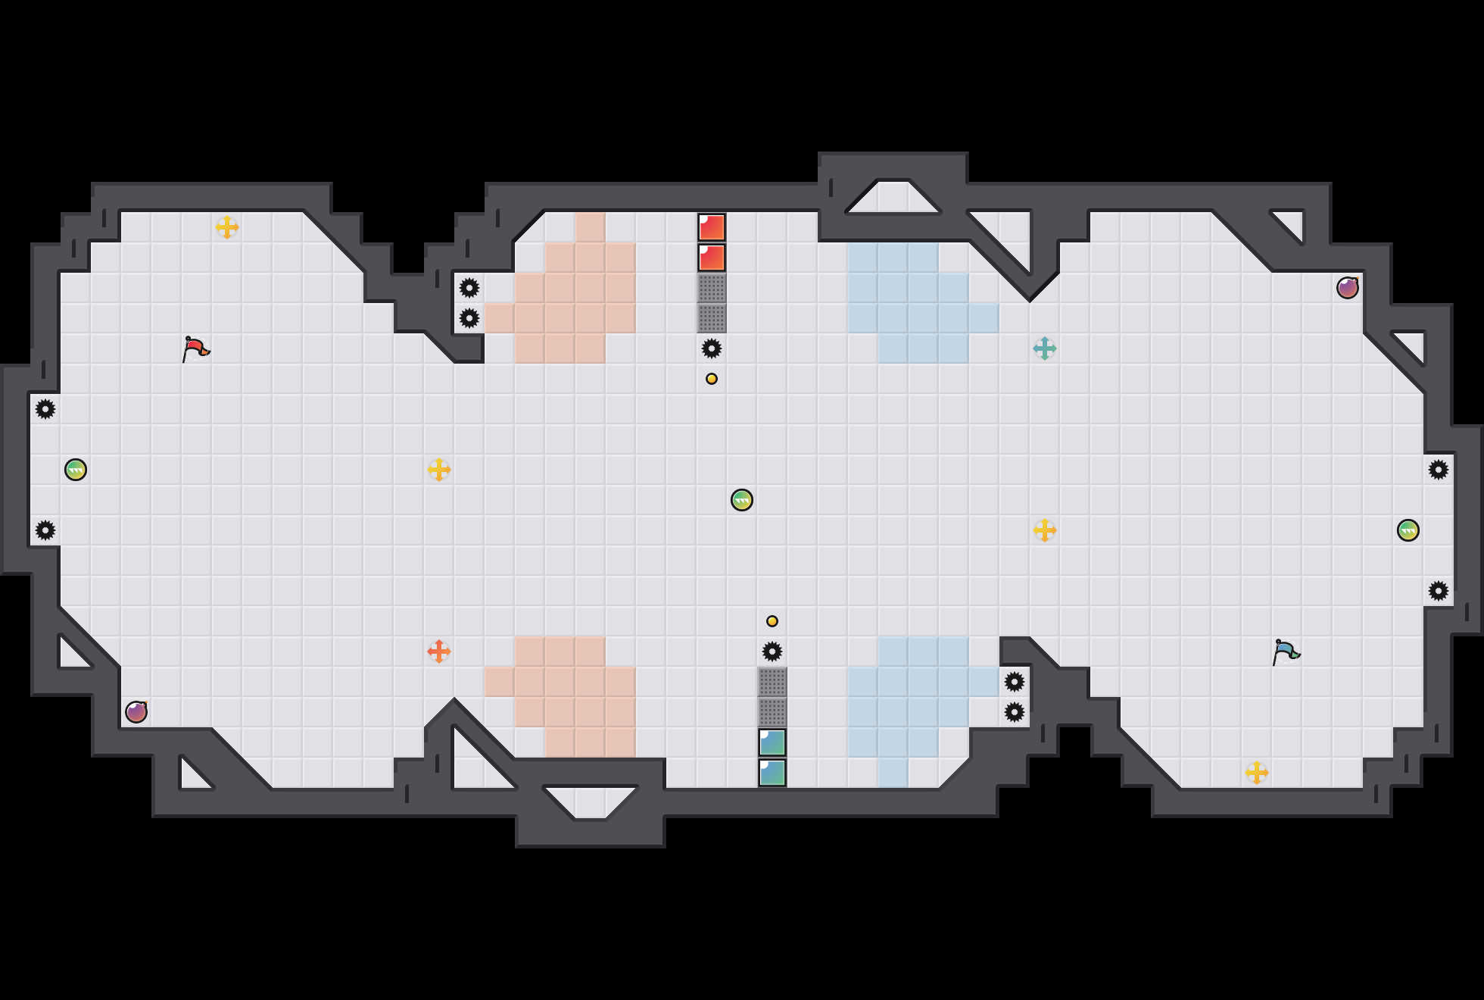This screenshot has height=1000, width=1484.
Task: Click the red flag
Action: click(195, 348)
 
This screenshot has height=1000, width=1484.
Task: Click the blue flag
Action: click(1286, 652)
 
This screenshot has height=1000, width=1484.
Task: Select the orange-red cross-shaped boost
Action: click(439, 652)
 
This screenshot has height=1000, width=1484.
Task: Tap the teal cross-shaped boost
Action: click(1045, 348)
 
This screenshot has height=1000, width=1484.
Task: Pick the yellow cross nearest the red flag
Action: click(227, 227)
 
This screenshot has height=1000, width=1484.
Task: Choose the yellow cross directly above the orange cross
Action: click(439, 470)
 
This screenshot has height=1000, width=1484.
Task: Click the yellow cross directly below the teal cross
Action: click(1045, 530)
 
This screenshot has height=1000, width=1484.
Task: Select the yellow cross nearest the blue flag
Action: click(1257, 773)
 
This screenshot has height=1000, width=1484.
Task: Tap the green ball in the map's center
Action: click(742, 500)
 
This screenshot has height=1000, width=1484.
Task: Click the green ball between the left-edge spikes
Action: click(76, 470)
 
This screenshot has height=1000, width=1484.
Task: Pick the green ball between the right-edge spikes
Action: click(1408, 530)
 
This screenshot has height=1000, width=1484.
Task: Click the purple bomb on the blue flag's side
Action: click(1348, 288)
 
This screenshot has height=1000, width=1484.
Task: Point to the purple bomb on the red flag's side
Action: click(136, 712)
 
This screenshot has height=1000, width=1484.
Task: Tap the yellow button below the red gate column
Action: click(712, 379)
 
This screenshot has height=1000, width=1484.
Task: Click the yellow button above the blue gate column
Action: click(772, 621)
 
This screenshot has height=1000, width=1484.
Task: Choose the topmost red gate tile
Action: click(712, 227)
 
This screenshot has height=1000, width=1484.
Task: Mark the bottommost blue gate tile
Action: click(772, 773)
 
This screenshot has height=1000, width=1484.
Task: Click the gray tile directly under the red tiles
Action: click(712, 288)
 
